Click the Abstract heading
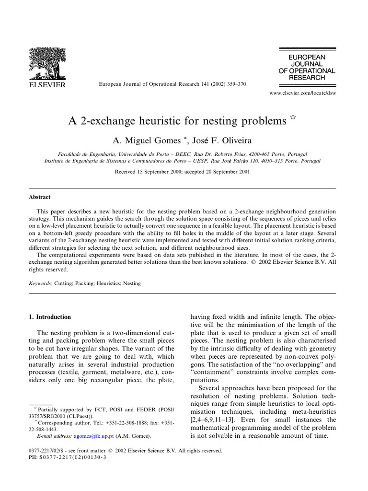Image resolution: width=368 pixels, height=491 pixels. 40,197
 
